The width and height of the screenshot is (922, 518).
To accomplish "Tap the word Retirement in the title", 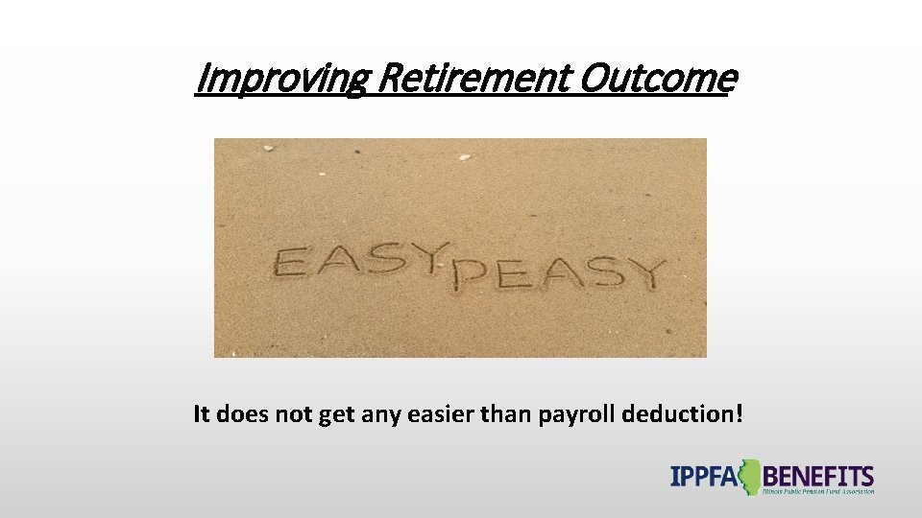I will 472,79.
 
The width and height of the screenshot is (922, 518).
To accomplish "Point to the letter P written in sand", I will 469,274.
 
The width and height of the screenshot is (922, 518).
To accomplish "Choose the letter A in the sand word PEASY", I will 554,273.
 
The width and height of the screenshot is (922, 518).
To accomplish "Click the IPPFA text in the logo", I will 706,476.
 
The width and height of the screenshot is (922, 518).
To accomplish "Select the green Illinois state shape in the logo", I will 749,477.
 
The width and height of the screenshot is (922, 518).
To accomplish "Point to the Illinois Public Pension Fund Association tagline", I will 817,492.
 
